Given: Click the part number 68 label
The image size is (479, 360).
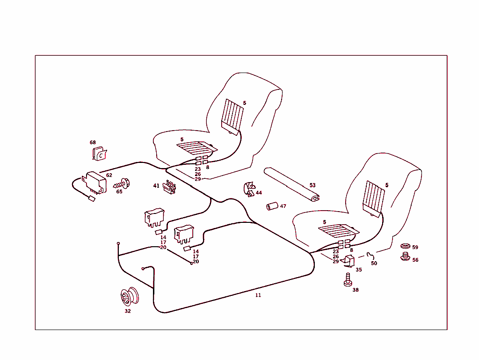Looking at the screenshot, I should click(93, 142).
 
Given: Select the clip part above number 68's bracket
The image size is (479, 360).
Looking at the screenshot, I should click(100, 154).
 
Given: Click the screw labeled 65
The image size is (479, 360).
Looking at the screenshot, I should click(123, 184).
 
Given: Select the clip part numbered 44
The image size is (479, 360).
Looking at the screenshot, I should click(248, 189).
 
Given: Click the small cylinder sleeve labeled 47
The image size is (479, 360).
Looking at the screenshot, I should click(272, 206).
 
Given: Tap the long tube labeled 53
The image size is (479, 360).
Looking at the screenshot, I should click(291, 184).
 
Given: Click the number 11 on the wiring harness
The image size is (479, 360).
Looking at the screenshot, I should click(258, 295).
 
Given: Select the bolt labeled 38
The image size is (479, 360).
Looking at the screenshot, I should click(347, 280).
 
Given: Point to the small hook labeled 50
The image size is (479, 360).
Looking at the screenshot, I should click(371, 255).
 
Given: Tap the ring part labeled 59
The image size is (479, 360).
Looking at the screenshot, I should click(405, 246).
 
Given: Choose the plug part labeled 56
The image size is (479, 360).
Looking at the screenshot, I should click(405, 257).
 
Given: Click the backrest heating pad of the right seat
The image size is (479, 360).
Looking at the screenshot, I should click(374, 197).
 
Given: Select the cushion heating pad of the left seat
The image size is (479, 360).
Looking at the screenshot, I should click(196, 148).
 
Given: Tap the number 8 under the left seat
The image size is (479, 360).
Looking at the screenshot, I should click(207, 167).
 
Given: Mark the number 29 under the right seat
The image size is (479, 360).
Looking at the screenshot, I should click(336, 262).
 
